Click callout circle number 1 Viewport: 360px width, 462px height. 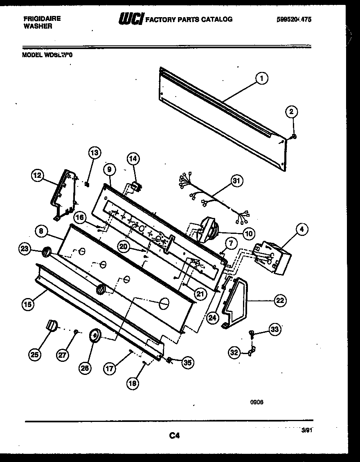261,78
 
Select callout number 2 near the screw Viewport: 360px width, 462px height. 291,112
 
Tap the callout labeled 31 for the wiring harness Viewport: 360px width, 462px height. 236,180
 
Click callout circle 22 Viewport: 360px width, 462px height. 280,301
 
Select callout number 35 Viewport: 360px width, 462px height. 188,362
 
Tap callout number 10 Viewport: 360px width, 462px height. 248,233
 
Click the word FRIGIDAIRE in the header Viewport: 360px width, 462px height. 41,19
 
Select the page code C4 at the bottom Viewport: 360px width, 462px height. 175,436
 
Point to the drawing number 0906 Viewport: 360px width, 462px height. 256,402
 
